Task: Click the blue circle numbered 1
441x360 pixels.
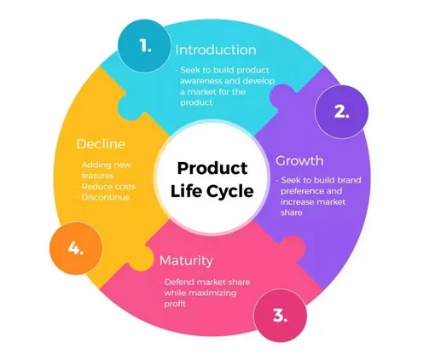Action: click(x=144, y=46)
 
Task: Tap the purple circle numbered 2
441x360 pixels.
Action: click(x=341, y=112)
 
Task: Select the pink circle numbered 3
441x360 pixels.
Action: click(x=280, y=316)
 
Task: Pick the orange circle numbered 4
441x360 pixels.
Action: click(x=76, y=248)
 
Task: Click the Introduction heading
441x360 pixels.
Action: click(x=216, y=50)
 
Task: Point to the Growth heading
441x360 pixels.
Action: click(x=299, y=161)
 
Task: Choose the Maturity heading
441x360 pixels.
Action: click(x=186, y=261)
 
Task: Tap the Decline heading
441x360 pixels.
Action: click(x=101, y=144)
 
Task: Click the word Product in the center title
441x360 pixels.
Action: click(x=212, y=168)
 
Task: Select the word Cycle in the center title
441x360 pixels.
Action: click(x=230, y=191)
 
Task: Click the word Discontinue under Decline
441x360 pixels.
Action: click(x=106, y=197)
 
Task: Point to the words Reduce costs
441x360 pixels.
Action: click(x=108, y=187)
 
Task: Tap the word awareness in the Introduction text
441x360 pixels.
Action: click(x=200, y=81)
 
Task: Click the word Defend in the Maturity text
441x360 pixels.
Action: click(x=179, y=282)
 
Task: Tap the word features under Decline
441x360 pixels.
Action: click(x=97, y=176)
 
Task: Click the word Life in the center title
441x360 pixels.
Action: click(x=186, y=190)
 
